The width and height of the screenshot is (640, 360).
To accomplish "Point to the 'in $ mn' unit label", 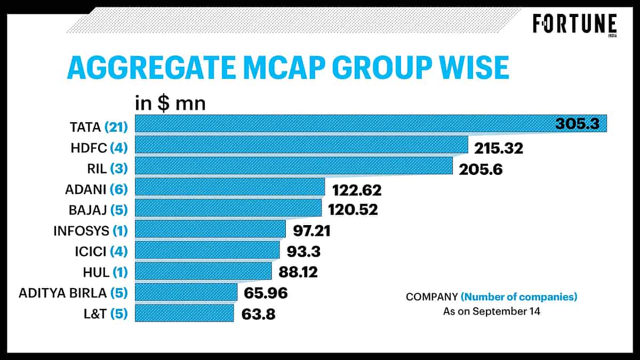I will coord(170,102).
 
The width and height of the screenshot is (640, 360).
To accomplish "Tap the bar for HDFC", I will coord(301,145).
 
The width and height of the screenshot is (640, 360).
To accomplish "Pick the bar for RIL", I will coord(293,166).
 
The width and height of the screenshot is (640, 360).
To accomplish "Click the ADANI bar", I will coord(230,187).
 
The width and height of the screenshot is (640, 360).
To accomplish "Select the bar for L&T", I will coord(185,313).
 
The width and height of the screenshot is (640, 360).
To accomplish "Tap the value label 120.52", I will coord(353,210).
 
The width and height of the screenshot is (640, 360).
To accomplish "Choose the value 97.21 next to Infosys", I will coord(315,230).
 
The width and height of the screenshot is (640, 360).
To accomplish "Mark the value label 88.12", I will coord(298,273).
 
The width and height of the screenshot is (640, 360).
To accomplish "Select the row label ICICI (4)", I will coord(100,252).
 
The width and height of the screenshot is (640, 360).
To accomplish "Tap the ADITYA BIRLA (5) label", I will coord(73,293).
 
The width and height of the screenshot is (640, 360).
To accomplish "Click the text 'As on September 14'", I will coord(491,311).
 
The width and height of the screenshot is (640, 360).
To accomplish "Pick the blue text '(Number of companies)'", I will coord(519,297).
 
